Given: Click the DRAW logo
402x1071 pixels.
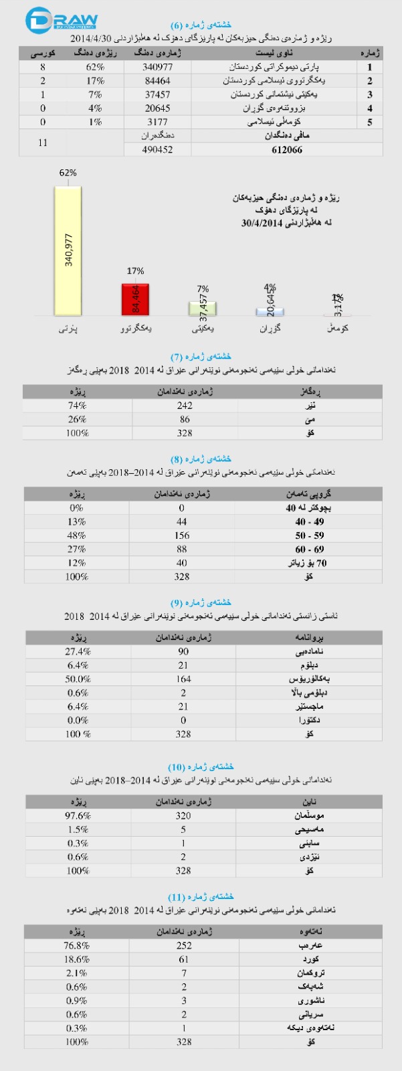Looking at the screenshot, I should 61,21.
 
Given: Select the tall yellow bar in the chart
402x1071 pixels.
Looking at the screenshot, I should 68,251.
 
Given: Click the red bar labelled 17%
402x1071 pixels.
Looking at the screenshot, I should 135,299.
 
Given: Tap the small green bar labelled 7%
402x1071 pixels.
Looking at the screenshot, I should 202,309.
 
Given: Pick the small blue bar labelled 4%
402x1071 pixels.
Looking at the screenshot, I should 269,311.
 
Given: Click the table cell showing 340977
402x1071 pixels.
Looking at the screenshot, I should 158,67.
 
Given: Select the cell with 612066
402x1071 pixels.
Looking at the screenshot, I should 287,150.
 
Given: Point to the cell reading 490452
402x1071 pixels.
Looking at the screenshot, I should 158,150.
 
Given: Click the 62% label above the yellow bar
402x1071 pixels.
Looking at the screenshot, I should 68,173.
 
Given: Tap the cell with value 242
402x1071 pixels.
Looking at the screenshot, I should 185,406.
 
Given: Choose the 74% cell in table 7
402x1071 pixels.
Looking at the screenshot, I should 77,406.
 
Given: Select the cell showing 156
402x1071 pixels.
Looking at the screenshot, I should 182,535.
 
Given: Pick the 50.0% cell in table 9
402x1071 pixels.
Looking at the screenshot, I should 78,679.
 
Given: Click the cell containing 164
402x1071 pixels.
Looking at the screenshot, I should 183,679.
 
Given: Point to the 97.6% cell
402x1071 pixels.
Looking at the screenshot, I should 78,816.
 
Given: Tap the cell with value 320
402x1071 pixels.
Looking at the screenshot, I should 183,816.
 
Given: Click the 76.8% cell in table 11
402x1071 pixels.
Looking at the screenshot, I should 77,946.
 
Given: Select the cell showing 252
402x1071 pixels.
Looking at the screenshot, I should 184,946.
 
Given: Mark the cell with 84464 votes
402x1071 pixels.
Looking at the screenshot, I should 158,81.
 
